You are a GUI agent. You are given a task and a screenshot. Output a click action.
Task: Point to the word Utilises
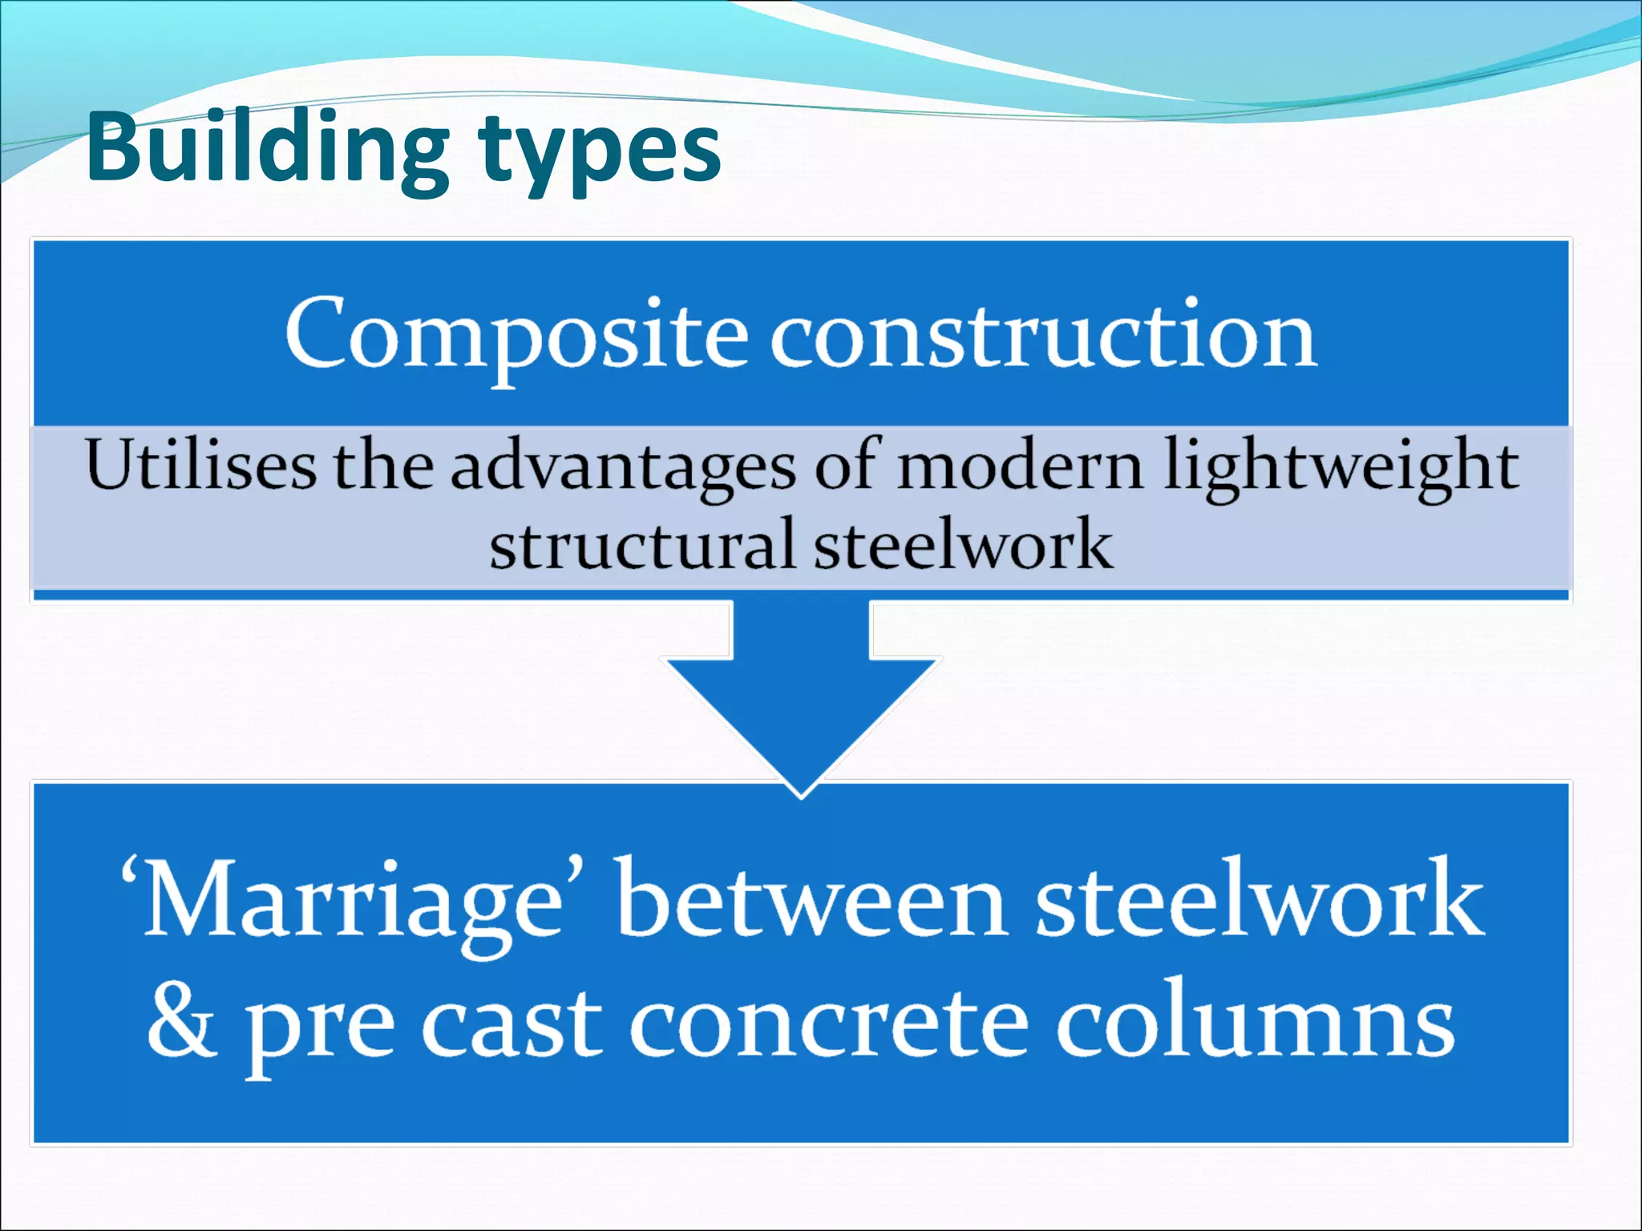coord(200,465)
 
